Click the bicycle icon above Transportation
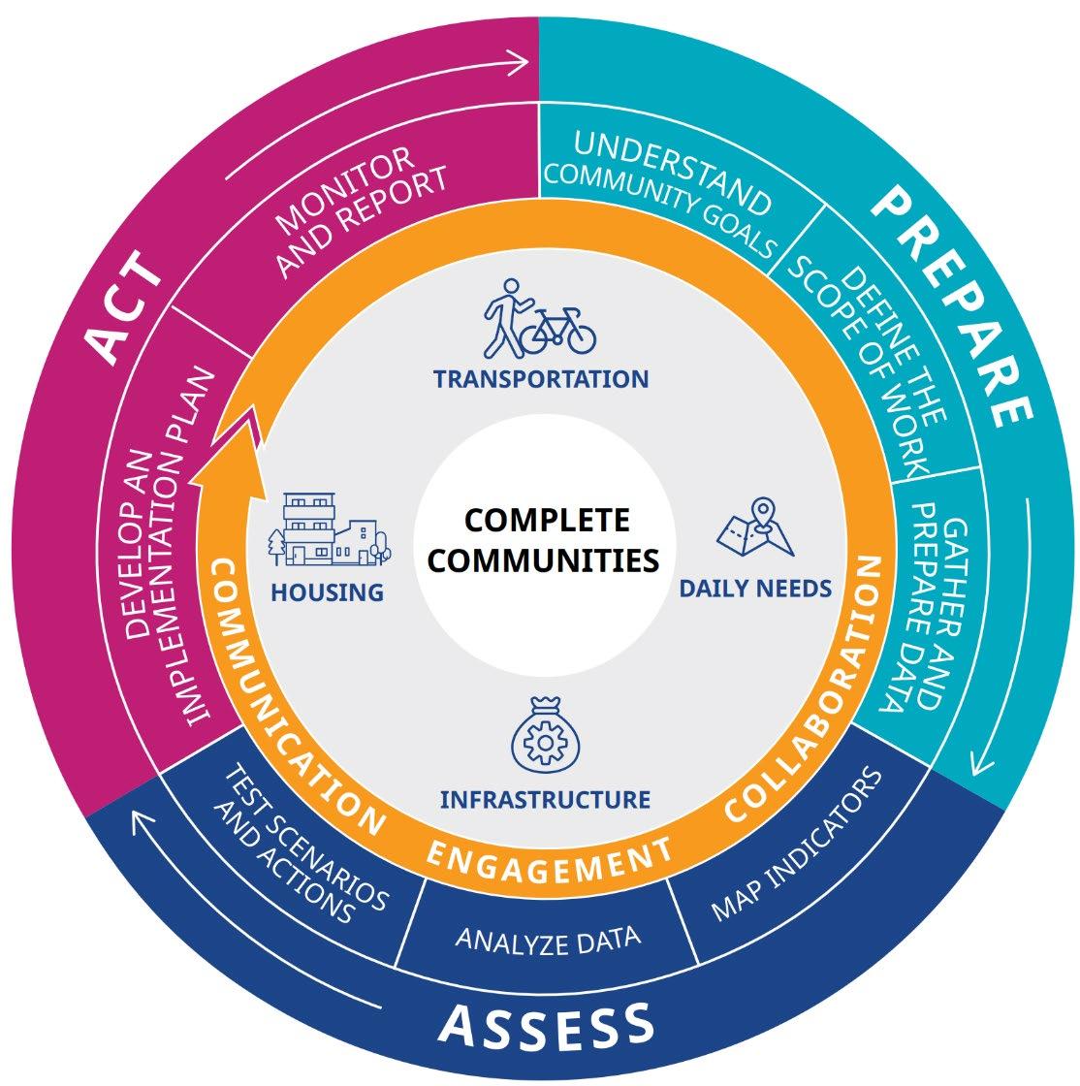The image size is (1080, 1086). [x=558, y=331]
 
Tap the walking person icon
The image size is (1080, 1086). [x=504, y=319]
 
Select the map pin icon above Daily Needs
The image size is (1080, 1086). [x=756, y=528]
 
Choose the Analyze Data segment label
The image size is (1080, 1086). [x=548, y=940]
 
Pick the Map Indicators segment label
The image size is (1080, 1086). [x=797, y=845]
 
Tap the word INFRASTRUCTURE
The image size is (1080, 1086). [x=545, y=800]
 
